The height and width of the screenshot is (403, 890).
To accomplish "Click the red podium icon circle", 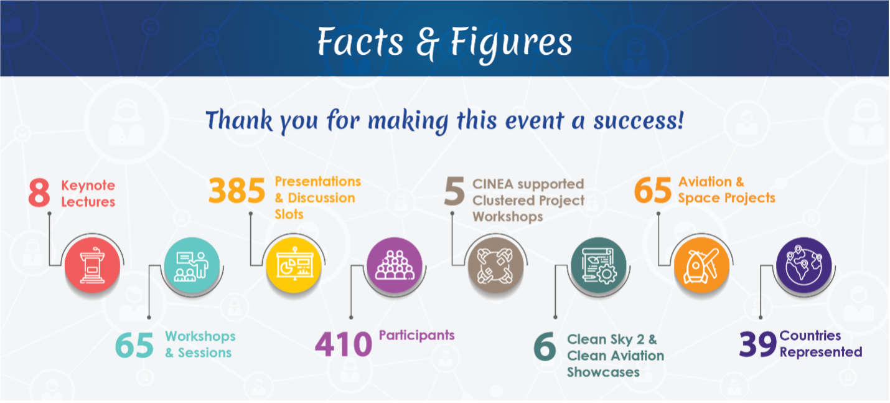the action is (92, 265).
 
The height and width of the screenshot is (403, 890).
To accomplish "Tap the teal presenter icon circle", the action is (192, 265).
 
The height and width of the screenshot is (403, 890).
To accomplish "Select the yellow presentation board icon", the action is (294, 265).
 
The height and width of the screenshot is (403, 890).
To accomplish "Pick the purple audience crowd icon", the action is (395, 265).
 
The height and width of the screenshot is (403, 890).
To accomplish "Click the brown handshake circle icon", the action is (495, 265).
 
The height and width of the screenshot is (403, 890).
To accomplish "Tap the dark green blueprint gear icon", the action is (598, 265).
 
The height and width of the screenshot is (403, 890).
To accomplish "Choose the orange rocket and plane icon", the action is (701, 265).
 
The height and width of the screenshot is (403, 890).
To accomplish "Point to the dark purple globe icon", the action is (803, 265).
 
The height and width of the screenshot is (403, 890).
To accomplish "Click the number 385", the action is (237, 190).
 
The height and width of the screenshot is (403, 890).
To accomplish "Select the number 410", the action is (344, 344).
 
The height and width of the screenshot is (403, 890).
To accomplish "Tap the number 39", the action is (757, 344).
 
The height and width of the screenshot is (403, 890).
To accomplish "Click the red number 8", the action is (39, 192).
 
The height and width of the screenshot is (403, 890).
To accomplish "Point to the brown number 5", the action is (454, 191).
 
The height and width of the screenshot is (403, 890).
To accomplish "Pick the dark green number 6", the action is (545, 346).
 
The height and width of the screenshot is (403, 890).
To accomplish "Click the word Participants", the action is (417, 335).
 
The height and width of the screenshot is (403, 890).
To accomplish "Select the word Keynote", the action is (88, 186).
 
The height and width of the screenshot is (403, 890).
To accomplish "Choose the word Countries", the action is (810, 336).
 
